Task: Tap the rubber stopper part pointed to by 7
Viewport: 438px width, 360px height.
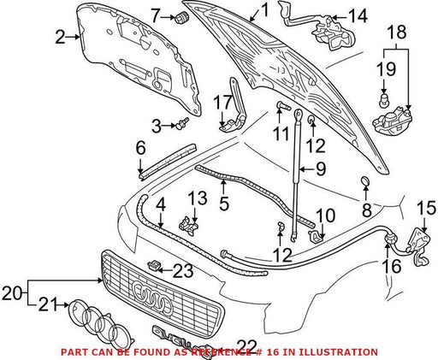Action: [181, 17]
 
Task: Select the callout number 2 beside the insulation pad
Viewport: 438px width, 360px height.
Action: [61, 37]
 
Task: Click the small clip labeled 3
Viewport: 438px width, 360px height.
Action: [183, 123]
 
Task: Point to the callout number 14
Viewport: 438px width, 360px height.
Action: [358, 16]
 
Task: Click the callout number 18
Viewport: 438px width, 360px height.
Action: [396, 32]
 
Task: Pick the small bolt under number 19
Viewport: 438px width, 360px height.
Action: [384, 100]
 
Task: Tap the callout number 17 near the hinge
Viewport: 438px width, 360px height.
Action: [223, 103]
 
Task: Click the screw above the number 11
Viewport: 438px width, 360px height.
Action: [282, 107]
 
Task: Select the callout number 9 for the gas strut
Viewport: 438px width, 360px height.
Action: [320, 169]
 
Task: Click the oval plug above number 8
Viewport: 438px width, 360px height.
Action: [365, 180]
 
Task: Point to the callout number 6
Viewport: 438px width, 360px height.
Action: [141, 149]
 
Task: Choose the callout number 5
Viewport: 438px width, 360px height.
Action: [224, 204]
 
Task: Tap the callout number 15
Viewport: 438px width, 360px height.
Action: [427, 208]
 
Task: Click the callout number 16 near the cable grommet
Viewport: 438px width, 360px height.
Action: [392, 266]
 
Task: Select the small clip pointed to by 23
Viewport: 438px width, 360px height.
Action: [154, 265]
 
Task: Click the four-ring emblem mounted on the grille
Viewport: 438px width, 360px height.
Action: [153, 296]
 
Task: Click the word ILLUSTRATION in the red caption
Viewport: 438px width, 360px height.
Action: [338, 352]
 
